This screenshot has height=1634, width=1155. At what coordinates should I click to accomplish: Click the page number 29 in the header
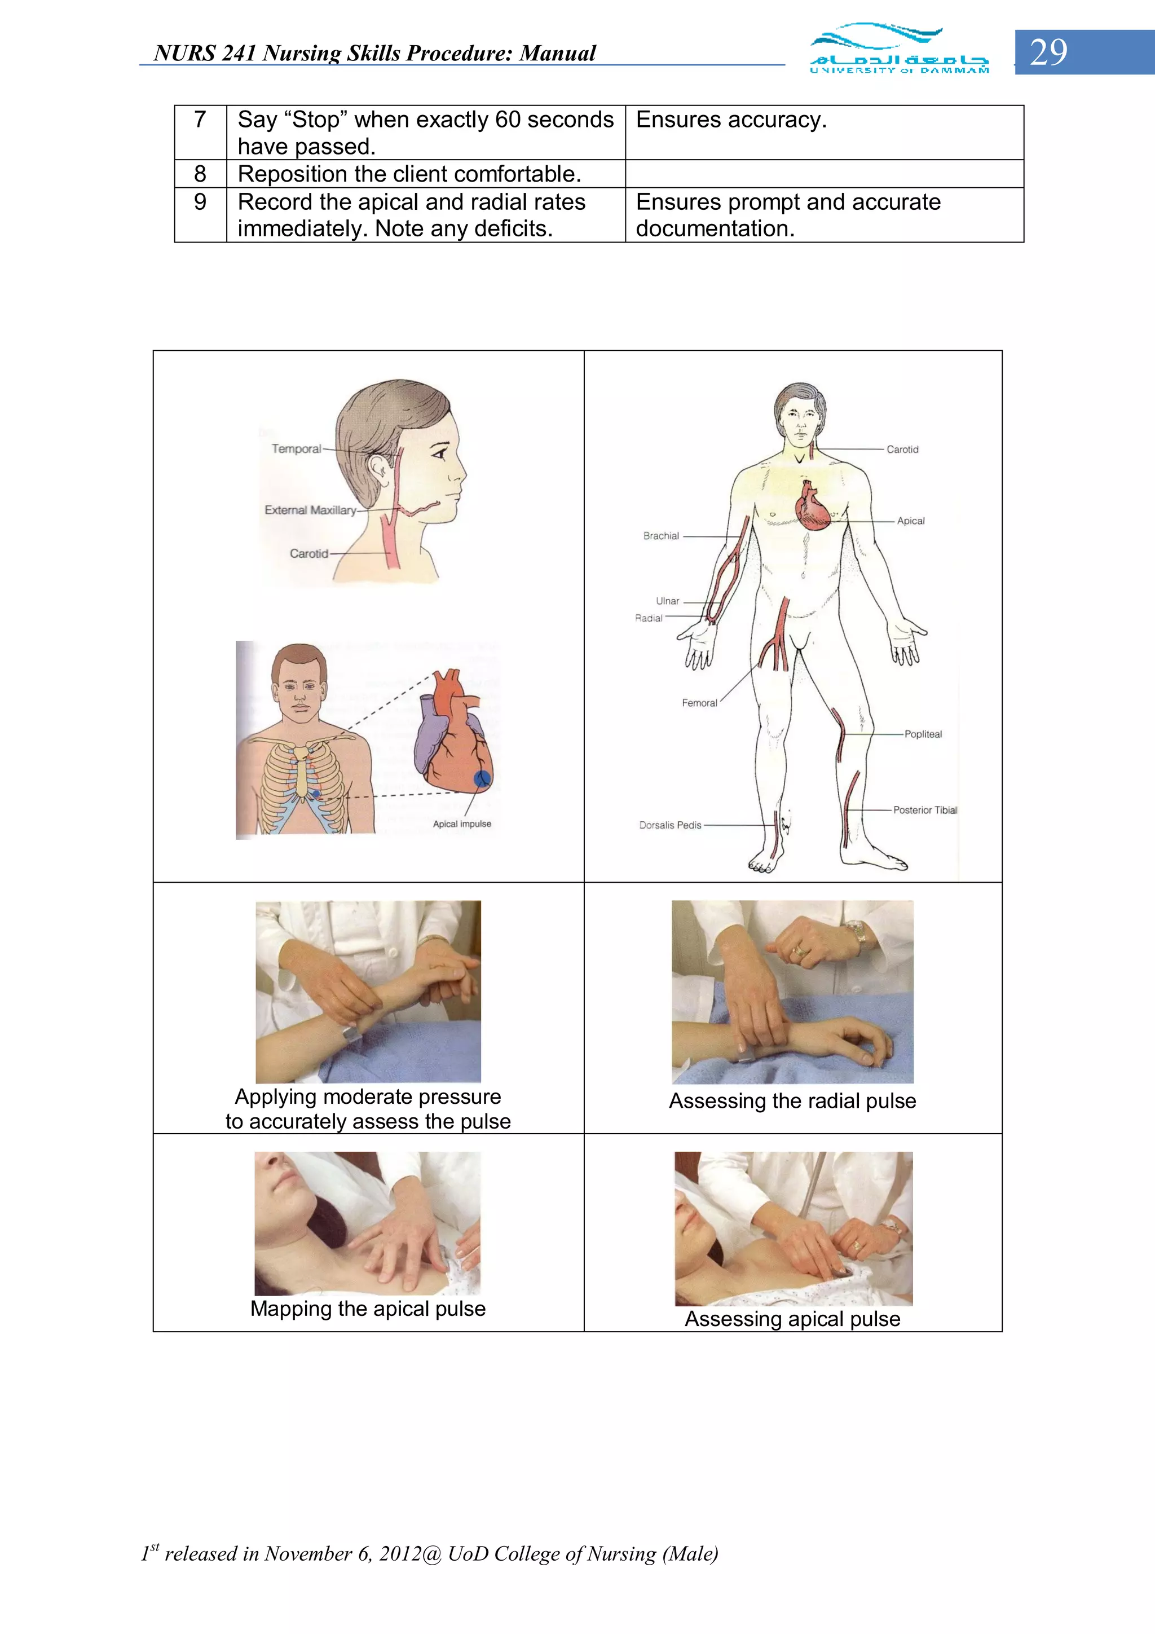point(1048,52)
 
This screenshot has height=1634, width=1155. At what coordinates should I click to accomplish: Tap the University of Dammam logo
point(899,49)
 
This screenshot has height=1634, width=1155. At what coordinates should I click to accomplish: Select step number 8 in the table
point(200,174)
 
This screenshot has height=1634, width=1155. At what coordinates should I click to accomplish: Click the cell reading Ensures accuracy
point(731,120)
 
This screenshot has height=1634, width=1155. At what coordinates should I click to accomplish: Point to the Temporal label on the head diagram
point(296,449)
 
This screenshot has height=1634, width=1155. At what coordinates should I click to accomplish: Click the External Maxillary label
point(310,510)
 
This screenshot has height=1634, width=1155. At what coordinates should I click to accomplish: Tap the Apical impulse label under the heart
point(462,824)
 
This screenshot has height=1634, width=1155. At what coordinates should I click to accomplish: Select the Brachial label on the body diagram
point(661,536)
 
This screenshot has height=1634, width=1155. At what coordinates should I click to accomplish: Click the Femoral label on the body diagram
point(699,703)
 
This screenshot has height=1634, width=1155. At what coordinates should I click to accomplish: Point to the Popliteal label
point(923,734)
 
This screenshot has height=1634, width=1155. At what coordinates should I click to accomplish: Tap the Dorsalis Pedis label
point(669,826)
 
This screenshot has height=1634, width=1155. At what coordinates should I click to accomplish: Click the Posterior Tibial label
point(924,810)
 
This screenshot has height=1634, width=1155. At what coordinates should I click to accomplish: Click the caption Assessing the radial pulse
point(792,1101)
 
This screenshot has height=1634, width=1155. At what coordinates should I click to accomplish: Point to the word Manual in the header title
point(557,54)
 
